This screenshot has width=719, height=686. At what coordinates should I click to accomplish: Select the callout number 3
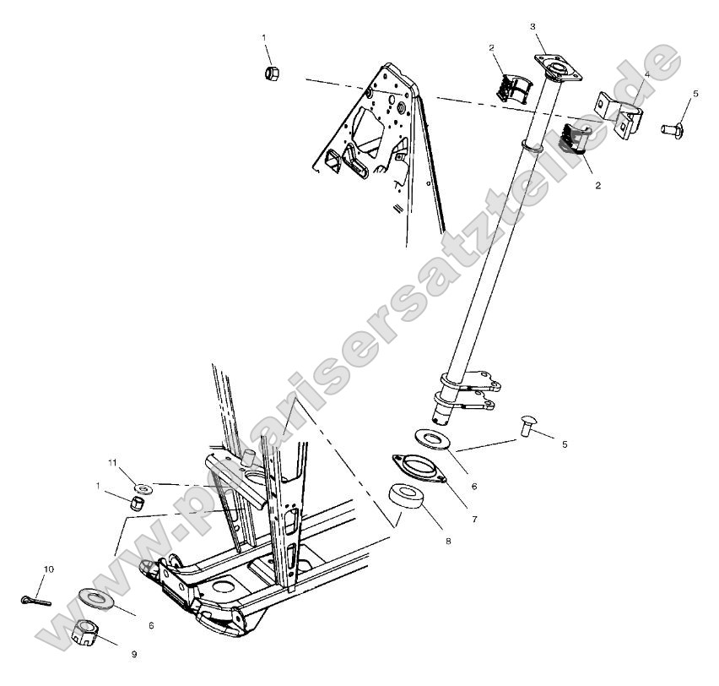[x=532, y=27]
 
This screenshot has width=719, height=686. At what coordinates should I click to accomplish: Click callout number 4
[x=646, y=74]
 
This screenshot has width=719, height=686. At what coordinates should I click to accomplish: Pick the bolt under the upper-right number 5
[x=672, y=130]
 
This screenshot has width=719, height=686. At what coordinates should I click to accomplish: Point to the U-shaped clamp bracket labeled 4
[x=619, y=115]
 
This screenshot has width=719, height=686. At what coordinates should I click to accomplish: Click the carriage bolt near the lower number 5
[x=527, y=425]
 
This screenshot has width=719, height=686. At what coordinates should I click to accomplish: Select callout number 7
[x=474, y=520]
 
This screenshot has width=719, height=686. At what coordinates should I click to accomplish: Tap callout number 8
[x=448, y=542]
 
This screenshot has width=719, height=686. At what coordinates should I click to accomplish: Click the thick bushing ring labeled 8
[x=406, y=496]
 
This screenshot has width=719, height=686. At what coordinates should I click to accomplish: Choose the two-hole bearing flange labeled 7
[x=419, y=467]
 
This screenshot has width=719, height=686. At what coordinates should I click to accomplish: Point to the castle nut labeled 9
[x=85, y=632]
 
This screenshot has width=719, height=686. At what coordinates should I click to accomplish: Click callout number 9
[x=134, y=655]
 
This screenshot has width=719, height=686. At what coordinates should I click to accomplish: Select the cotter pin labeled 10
[x=35, y=601]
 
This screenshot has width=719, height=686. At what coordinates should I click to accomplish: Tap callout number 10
[x=49, y=569]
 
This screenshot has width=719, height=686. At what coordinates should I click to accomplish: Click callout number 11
[x=113, y=462]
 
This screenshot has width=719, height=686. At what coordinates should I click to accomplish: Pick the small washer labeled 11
[x=143, y=487]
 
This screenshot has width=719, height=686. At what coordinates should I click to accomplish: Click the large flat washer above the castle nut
[x=97, y=599]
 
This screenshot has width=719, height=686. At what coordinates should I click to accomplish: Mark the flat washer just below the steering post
[x=432, y=439]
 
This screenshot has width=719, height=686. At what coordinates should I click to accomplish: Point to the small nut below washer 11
[x=137, y=503]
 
